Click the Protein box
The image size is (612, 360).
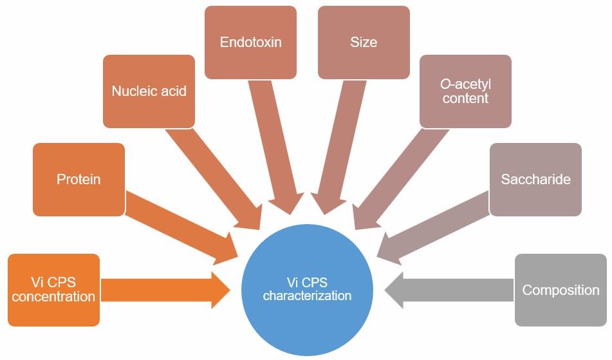click(79, 179)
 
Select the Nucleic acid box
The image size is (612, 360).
click(149, 91)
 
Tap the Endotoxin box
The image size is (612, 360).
click(250, 43)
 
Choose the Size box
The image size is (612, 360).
click(364, 43)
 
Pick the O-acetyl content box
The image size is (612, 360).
click(465, 91)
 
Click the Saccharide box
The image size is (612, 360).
click(535, 179)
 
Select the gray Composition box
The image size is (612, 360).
click(561, 290)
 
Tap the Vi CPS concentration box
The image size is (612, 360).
click(53, 290)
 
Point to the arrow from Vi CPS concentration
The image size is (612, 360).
click(164, 290)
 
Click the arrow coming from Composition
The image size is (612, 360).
click(450, 290)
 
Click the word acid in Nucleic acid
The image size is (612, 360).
click(172, 91)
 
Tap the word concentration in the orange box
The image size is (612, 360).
click(53, 297)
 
